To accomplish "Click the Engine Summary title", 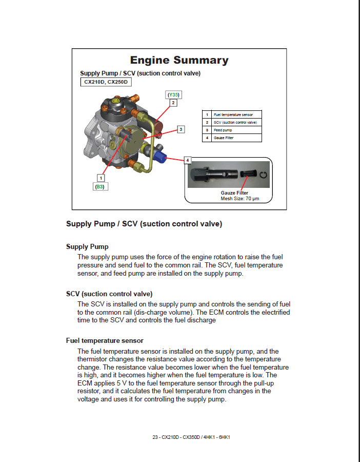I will coord(179,61).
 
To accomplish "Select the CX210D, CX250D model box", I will coord(106,82).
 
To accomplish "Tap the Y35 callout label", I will coord(173,95).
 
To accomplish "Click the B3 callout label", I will coord(100,187).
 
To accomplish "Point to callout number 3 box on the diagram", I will coord(181,129).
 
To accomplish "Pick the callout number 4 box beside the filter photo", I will coord(188,160).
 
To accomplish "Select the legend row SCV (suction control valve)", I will coord(231,122).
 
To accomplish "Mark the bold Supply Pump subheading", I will coord(87,246).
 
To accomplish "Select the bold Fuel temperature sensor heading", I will coord(105,340).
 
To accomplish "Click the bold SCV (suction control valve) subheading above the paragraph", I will coord(109,294).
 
